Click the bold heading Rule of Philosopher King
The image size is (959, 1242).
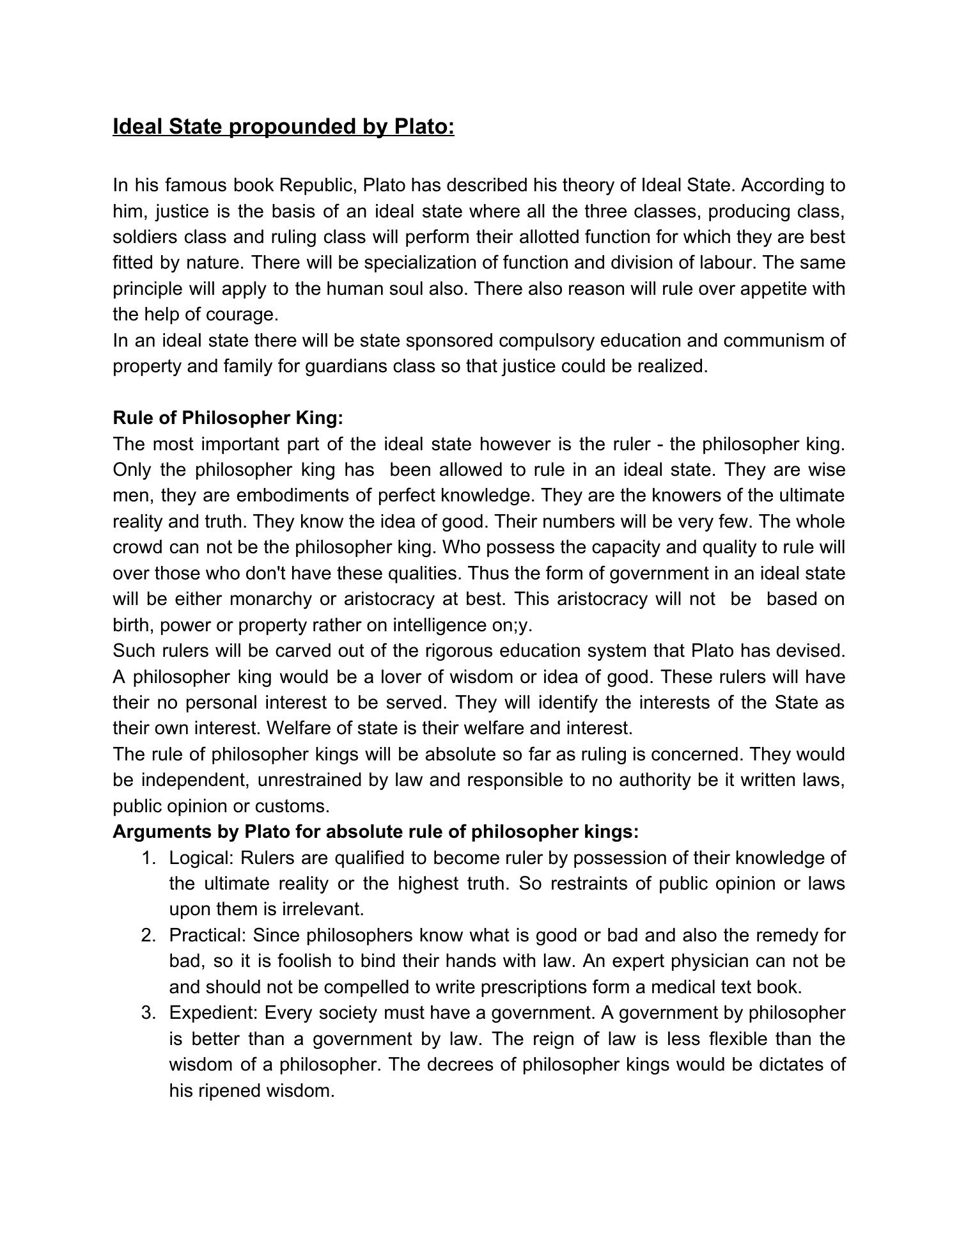click(x=228, y=418)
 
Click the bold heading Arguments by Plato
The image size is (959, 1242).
click(x=375, y=832)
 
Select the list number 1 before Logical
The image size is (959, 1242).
click(x=148, y=858)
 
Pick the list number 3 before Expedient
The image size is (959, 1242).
click(x=148, y=1013)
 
